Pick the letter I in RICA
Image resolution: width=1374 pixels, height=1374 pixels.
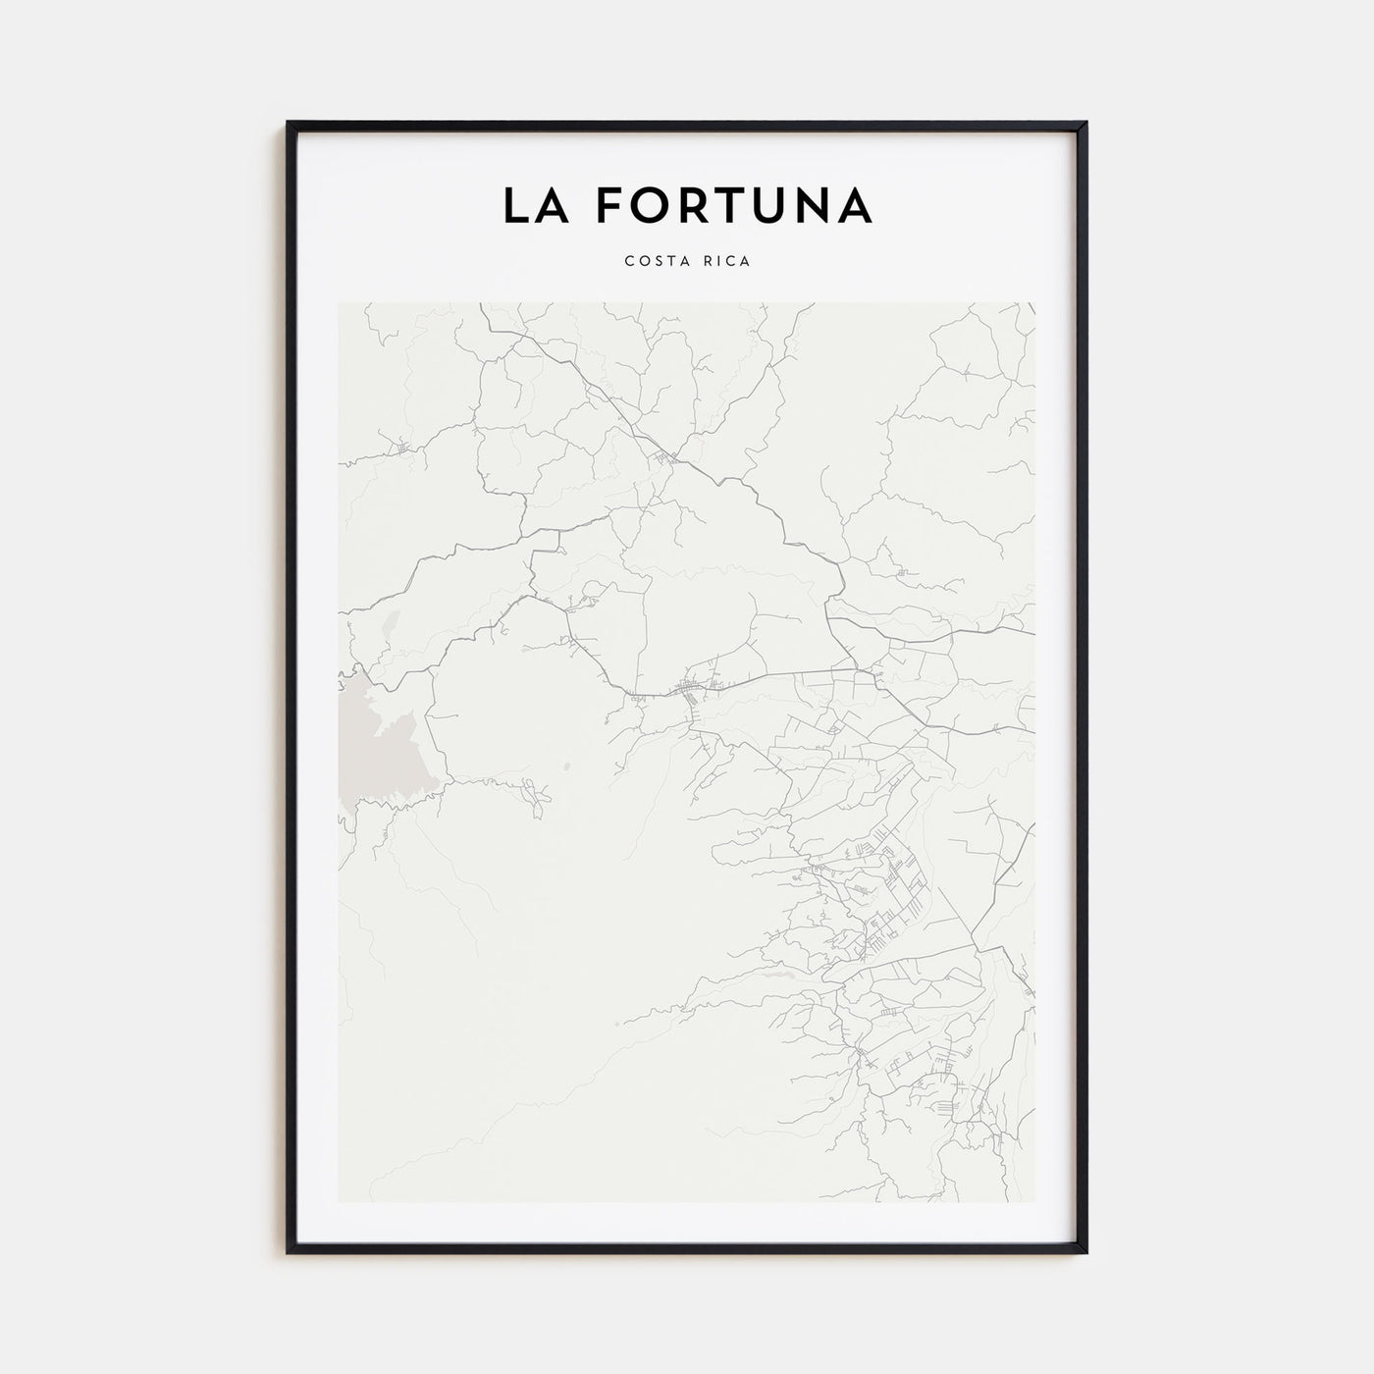(x=717, y=261)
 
